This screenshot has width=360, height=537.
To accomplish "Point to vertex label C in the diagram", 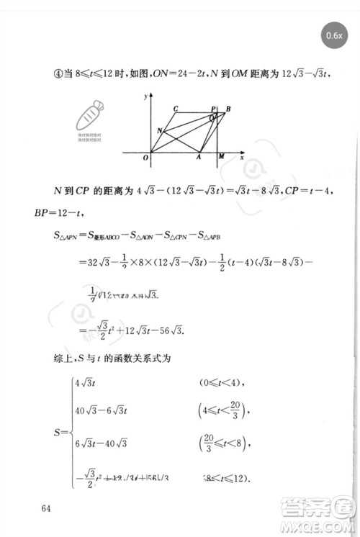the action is click(176, 109).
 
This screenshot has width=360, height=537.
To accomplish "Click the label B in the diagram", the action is click(228, 109).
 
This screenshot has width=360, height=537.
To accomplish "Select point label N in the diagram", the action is click(159, 130).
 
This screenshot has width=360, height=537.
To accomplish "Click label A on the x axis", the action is click(199, 158).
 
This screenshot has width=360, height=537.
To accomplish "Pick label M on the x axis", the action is click(220, 158).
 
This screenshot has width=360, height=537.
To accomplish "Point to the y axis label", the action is click(145, 96).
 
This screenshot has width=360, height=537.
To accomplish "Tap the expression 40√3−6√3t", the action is click(100, 410).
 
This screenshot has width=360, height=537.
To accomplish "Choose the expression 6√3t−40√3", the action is click(100, 441).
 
